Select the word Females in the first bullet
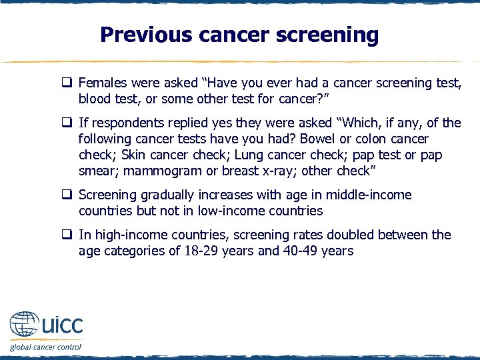pyautogui.click(x=101, y=83)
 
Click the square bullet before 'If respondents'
pyautogui.click(x=67, y=123)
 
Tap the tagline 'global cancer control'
pyautogui.click(x=45, y=347)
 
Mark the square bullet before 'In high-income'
pyautogui.click(x=67, y=235)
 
